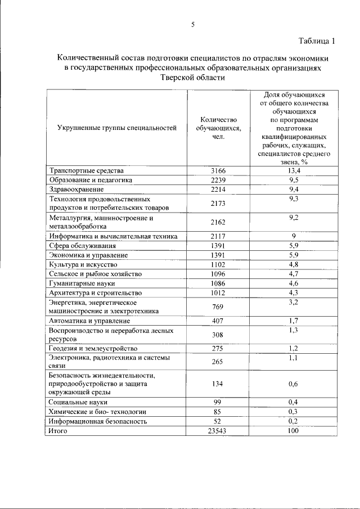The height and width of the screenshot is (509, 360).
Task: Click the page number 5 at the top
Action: (x=192, y=24)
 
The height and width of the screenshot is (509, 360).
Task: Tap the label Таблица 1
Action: (x=317, y=40)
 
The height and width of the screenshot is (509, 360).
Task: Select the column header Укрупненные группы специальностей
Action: (x=117, y=128)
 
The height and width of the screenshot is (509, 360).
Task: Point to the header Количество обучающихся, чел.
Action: (x=218, y=128)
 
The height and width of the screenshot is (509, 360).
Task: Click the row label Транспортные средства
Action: (x=86, y=170)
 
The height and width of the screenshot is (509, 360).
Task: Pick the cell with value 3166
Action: (x=218, y=170)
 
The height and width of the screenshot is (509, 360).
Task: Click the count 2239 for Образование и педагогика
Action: (x=218, y=180)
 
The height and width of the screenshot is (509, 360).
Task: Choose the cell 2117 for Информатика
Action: (x=218, y=236)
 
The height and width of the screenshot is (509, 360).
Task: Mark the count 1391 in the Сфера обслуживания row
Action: (x=218, y=246)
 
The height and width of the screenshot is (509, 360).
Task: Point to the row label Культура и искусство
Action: (x=83, y=264)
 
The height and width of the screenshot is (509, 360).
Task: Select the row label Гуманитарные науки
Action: (x=82, y=283)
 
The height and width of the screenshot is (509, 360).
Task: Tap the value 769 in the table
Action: (x=218, y=307)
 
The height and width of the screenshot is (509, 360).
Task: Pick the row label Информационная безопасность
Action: (x=98, y=421)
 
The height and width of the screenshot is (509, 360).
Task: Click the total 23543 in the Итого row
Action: (x=218, y=430)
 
